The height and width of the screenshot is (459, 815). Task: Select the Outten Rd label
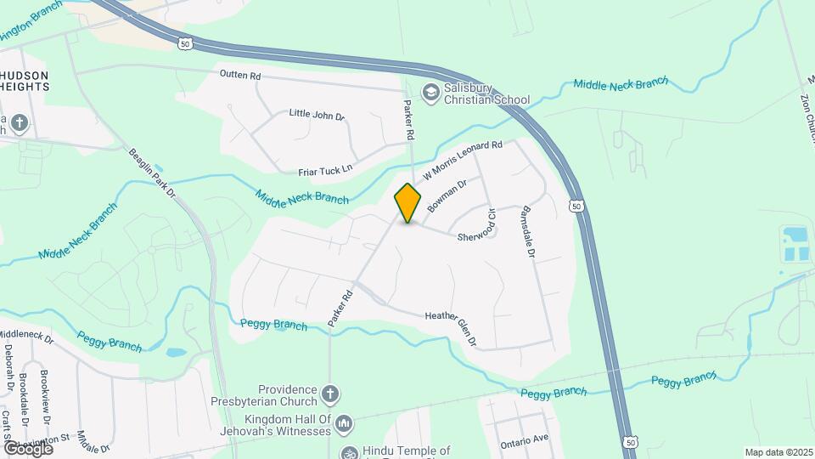point(240,76)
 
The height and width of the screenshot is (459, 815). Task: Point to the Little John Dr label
point(317,114)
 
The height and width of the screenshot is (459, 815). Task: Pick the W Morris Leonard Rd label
point(463,160)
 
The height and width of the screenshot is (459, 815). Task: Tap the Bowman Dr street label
point(448,195)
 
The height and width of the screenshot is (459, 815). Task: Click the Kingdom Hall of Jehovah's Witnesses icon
point(344,422)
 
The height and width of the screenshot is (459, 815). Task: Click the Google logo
point(28,448)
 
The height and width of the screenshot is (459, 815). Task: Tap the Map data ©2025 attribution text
point(778,452)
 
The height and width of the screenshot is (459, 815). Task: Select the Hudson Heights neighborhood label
point(24,81)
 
